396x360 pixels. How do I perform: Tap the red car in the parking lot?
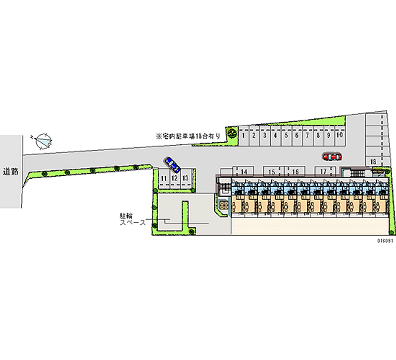[x=332, y=156]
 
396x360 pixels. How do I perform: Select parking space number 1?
[x=244, y=135]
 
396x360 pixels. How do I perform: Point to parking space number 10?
[x=339, y=135]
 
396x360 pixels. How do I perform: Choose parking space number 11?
[x=163, y=178]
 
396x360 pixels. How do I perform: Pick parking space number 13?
[x=185, y=178]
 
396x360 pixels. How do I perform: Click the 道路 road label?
[x=10, y=172]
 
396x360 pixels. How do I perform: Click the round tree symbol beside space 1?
[x=232, y=132]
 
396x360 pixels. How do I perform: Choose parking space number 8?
[x=317, y=135]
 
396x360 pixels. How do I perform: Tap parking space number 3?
[x=264, y=135]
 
